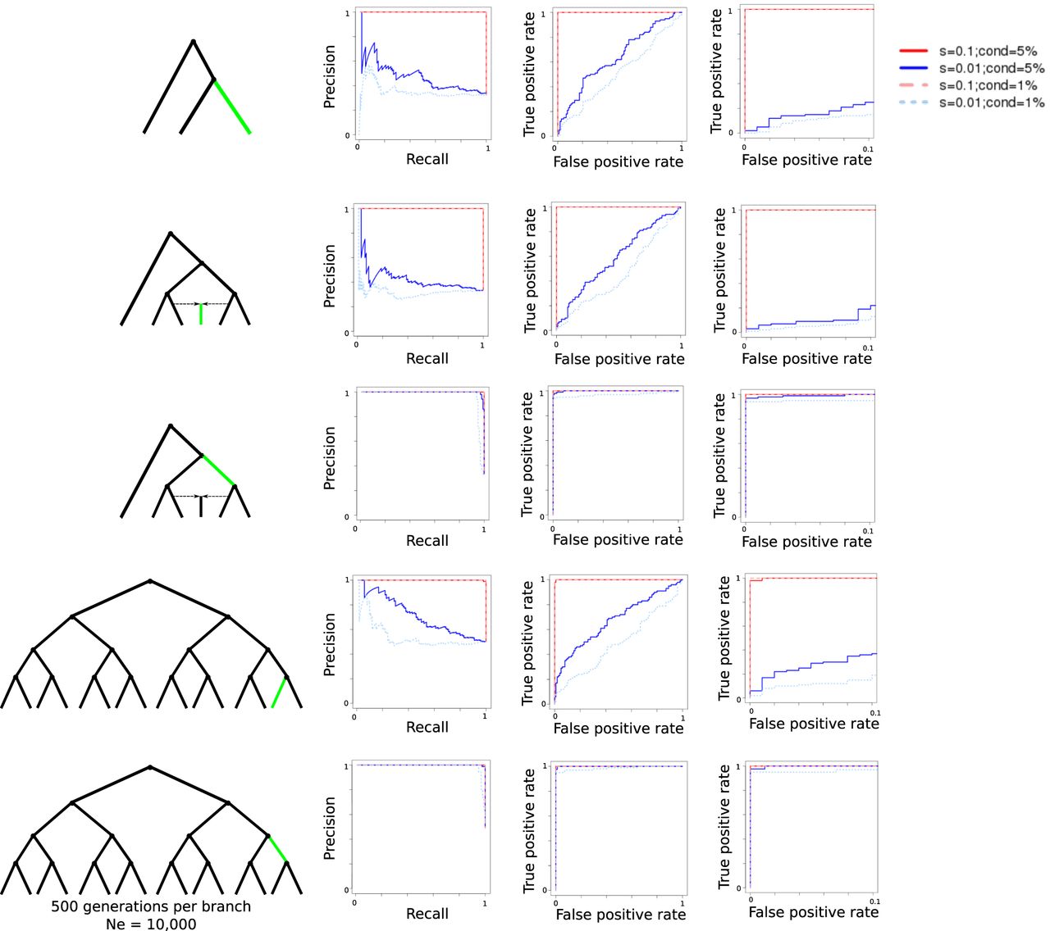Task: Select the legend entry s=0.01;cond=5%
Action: pos(991,68)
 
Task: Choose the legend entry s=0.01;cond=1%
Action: pos(991,102)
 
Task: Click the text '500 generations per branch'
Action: pos(151,906)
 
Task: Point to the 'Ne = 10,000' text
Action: pos(151,924)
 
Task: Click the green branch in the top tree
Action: pos(232,107)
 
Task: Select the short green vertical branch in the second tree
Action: pos(201,314)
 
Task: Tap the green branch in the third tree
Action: pos(218,470)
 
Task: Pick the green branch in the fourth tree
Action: pos(279,693)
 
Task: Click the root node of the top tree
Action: pos(193,41)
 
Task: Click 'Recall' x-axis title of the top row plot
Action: pos(427,159)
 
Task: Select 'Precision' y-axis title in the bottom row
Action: pos(330,828)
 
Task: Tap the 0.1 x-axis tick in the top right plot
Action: pos(869,149)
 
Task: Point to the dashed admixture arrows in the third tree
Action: pos(201,496)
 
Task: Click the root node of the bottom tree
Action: pos(150,767)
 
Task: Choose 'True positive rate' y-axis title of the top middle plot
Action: pos(529,74)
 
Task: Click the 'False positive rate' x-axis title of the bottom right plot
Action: pos(813,912)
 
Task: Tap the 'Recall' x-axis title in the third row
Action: pos(427,541)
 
